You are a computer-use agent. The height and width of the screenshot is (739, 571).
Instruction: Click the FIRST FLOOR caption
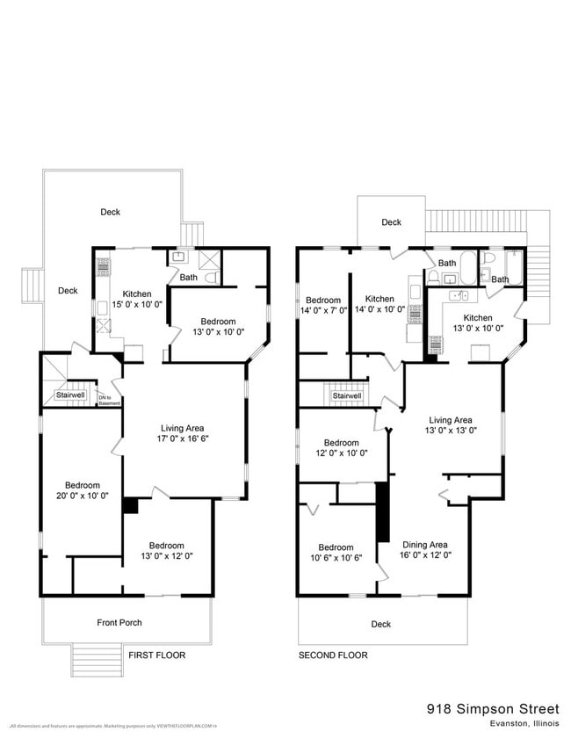(x=157, y=656)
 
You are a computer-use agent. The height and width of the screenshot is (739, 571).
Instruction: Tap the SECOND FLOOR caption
(x=333, y=656)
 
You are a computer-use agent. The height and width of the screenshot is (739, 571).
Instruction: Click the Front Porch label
(x=119, y=623)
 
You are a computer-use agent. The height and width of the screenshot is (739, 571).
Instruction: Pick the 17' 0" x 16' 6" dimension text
(x=183, y=438)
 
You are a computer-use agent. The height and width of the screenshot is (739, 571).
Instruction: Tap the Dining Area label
(x=425, y=544)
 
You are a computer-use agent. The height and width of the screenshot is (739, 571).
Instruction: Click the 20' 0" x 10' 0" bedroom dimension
(x=82, y=495)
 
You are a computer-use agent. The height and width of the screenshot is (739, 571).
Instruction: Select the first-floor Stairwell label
(x=72, y=395)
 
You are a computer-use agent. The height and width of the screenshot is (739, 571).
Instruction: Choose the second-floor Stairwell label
(x=347, y=396)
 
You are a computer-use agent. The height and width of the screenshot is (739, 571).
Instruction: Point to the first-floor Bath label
(x=188, y=278)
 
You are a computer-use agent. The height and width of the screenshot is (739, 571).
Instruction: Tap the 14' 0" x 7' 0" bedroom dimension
(x=324, y=310)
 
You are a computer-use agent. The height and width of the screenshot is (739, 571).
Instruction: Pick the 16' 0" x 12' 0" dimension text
(x=425, y=554)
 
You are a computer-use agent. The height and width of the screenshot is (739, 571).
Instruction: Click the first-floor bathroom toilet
(x=212, y=278)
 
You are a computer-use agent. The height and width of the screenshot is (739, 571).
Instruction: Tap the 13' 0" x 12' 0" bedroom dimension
(x=166, y=555)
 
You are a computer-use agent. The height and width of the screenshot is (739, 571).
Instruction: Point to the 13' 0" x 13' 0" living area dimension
(x=451, y=430)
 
